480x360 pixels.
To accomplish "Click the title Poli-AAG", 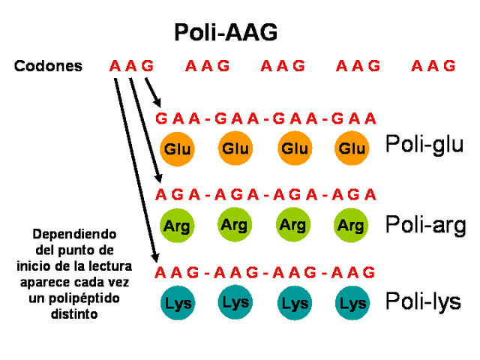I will click(x=226, y=32).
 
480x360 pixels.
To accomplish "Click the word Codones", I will click(x=48, y=66).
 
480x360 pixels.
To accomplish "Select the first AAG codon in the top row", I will click(x=131, y=66).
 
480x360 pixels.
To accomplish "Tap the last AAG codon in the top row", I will click(x=433, y=66).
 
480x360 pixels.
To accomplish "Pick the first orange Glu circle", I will click(x=178, y=148).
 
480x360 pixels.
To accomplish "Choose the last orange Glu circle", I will click(x=352, y=148).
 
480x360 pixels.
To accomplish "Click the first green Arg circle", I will click(x=178, y=224).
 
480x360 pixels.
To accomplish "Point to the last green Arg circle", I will click(x=351, y=224).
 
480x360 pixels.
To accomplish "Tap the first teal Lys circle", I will click(x=178, y=303).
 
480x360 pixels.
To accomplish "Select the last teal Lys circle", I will click(x=352, y=303).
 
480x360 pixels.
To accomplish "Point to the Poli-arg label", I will click(x=425, y=224).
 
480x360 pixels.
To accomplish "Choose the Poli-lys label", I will click(x=424, y=301).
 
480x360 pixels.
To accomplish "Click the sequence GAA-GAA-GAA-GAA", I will click(x=265, y=118).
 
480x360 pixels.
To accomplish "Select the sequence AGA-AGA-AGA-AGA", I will click(x=265, y=195).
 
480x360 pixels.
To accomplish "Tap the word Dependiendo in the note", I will click(x=74, y=234).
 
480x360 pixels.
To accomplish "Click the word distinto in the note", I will click(x=74, y=315).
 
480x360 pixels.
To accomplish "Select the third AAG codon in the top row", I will click(x=283, y=66).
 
